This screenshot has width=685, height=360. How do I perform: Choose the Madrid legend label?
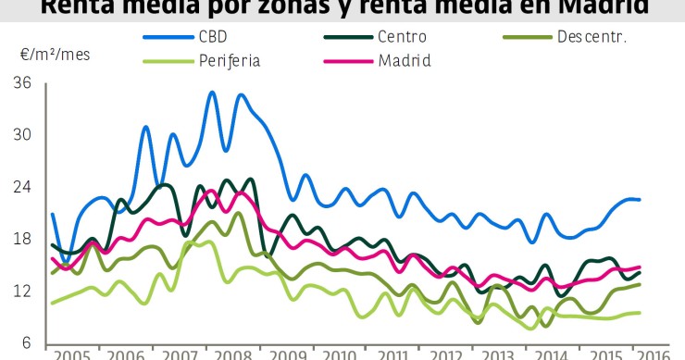point(405,61)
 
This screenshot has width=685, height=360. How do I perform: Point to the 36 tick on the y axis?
point(22,83)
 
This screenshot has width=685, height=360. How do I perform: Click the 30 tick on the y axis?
point(22,135)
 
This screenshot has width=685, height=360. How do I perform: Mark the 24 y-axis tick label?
point(22,187)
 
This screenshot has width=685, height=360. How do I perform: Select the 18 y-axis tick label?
point(22,239)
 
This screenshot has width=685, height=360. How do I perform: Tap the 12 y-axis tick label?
point(22,291)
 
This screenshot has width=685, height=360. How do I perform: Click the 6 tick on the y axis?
point(27,342)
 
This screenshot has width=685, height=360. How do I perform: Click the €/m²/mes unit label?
point(56,54)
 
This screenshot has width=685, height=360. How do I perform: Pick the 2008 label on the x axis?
point(236,354)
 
